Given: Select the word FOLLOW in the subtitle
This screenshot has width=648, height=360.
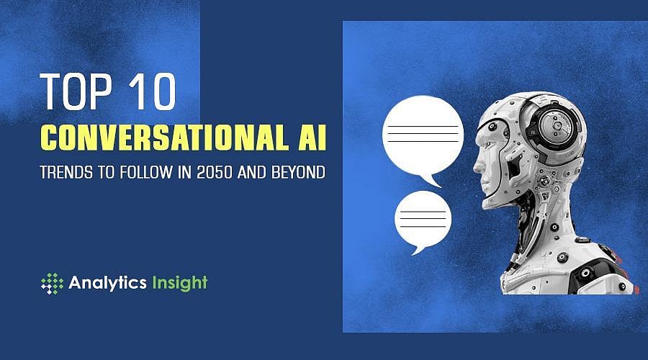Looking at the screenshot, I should tap(145, 175).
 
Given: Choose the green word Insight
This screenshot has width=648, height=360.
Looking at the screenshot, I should tap(179, 283).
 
